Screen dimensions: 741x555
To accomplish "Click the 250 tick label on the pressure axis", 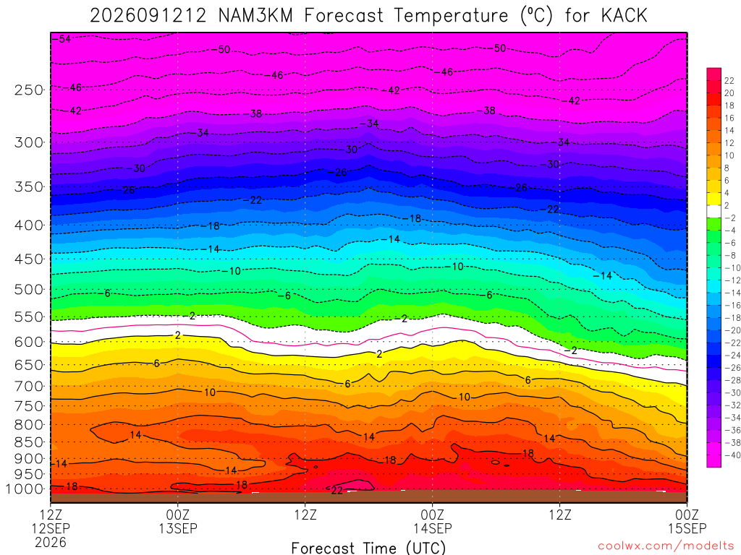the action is [28, 90].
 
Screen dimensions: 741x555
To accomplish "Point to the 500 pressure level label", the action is [28, 289].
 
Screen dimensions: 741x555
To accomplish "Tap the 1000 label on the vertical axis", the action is [25, 489].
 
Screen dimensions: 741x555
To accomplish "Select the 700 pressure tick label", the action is [28, 387].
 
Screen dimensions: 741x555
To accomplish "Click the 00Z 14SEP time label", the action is [433, 521].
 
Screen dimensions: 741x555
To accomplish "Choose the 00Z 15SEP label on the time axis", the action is [687, 521].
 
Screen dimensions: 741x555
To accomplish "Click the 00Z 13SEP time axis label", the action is [178, 521].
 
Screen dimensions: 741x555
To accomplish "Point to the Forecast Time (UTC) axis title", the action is [368, 548].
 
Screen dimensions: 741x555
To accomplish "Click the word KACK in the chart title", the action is [624, 16].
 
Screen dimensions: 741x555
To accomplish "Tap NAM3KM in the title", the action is [255, 16].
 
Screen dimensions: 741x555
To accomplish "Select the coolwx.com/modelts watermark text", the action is [666, 546].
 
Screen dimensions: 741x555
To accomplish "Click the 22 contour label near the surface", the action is [336, 491].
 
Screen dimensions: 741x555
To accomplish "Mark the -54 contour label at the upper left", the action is [62, 39].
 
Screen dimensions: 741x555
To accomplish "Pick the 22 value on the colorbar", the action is [729, 81].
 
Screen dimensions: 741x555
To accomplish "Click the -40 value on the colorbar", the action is [732, 455].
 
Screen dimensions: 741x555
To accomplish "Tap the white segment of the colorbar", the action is [714, 212].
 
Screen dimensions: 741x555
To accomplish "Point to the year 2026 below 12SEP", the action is [51, 542].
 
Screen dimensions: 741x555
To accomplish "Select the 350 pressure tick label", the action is [28, 187].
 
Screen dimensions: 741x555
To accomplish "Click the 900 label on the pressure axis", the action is [28, 459].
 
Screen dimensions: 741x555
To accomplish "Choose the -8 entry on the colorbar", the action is [730, 255].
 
